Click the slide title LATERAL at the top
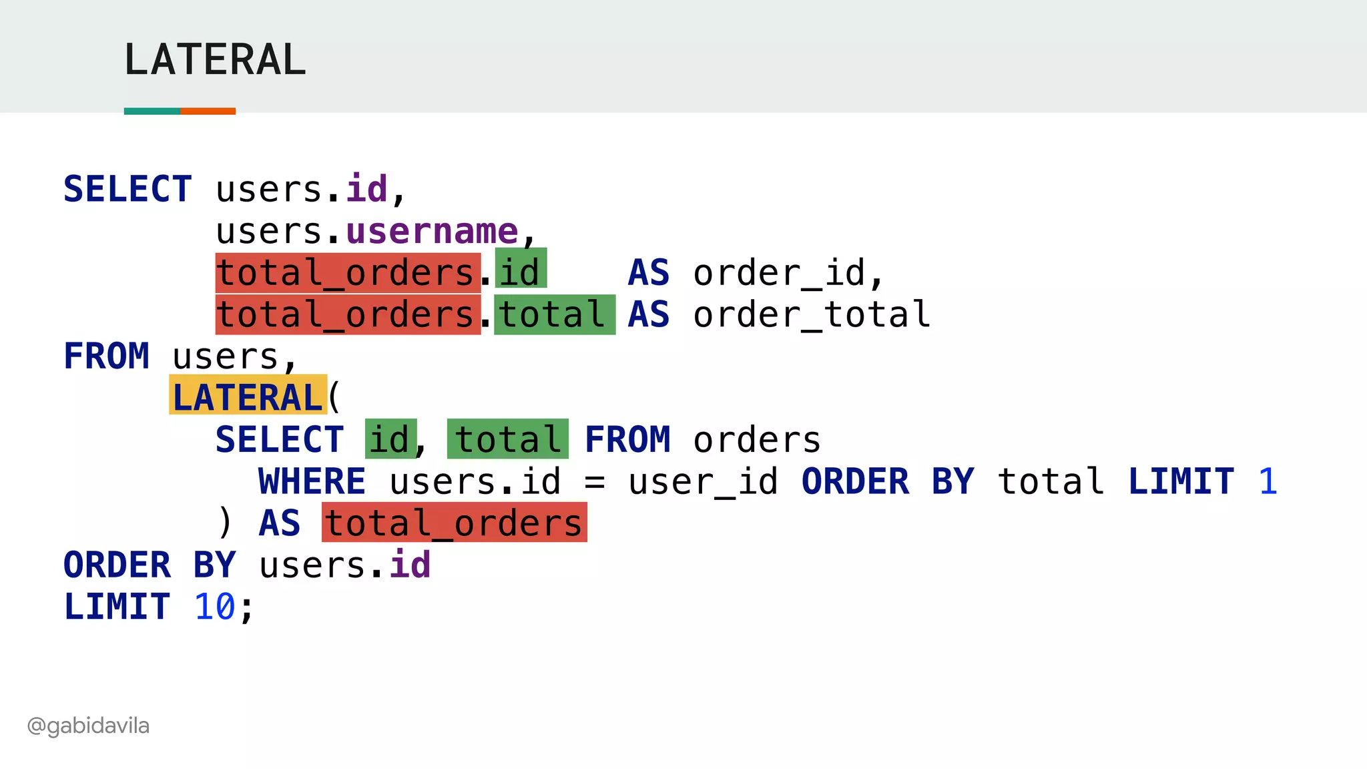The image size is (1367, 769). (215, 59)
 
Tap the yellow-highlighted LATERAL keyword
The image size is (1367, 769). (248, 397)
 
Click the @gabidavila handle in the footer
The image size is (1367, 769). (88, 725)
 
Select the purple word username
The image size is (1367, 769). (432, 231)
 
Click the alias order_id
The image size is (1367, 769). (788, 272)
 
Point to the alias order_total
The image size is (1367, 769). (811, 314)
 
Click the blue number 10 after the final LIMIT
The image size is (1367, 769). (214, 607)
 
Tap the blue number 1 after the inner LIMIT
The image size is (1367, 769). (1268, 481)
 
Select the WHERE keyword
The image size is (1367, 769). (312, 481)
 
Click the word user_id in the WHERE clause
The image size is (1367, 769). (703, 481)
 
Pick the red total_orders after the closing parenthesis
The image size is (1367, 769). (454, 523)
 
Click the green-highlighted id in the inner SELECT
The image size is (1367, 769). (390, 439)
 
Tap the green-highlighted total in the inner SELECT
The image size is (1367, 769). (507, 439)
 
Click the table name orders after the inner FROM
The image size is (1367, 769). (756, 439)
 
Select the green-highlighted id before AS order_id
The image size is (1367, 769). (521, 270)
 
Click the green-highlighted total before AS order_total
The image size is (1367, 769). (554, 314)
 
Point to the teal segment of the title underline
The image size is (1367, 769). (152, 111)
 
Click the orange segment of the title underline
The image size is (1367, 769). (208, 111)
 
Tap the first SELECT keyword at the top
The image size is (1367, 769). (127, 189)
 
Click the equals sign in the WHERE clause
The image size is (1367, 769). (594, 481)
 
